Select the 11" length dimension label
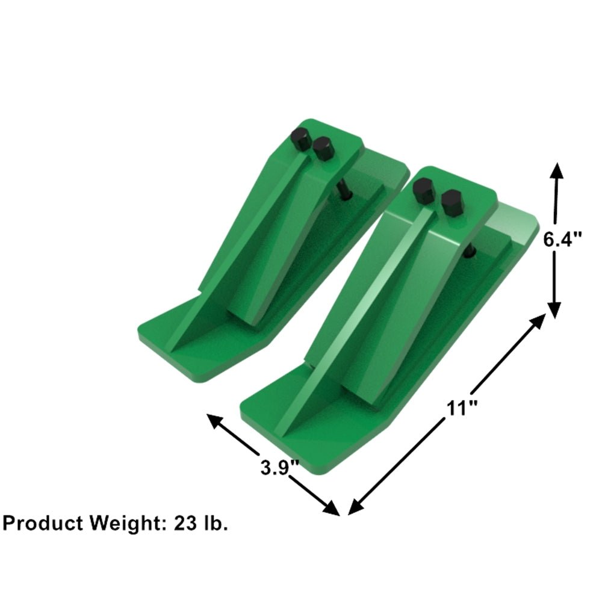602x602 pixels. pyautogui.click(x=462, y=408)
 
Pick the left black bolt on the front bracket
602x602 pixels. pyautogui.click(x=424, y=191)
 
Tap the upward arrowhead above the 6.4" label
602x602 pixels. pyautogui.click(x=555, y=169)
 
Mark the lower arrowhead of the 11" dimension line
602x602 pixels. pyautogui.click(x=353, y=509)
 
